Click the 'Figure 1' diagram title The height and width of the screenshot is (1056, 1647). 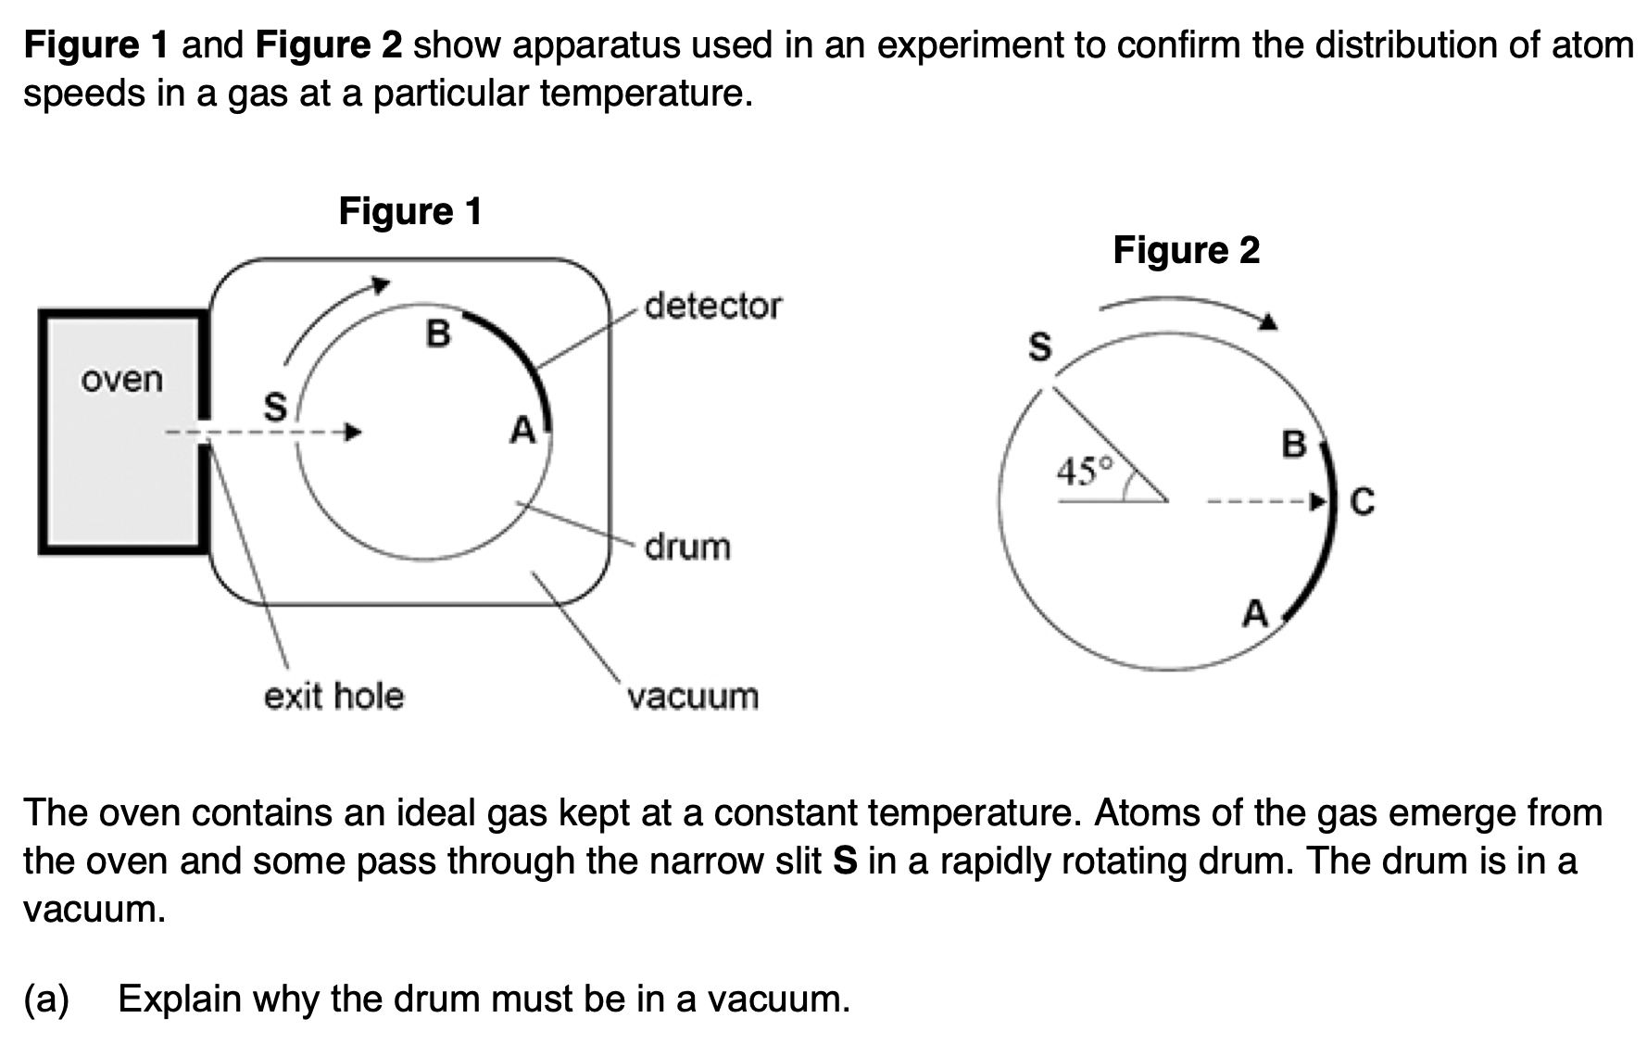(x=410, y=211)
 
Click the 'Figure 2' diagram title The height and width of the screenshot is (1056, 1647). (x=1186, y=250)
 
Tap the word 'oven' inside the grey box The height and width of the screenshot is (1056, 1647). (x=122, y=379)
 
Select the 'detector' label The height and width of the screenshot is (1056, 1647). (x=713, y=306)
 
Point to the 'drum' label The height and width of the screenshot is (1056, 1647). (x=687, y=547)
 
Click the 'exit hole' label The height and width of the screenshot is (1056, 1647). (x=333, y=696)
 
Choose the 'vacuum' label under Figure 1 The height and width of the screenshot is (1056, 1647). (x=693, y=696)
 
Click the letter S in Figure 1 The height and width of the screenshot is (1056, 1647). (x=275, y=407)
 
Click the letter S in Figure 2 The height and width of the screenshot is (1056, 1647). (x=1041, y=347)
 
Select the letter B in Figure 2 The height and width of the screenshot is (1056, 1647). (x=1293, y=445)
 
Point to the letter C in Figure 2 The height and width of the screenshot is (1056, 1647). (x=1363, y=502)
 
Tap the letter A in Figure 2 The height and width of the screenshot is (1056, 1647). (x=1255, y=613)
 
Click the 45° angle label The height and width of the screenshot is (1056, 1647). (x=1084, y=472)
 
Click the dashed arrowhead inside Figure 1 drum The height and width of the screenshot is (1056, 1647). (x=351, y=432)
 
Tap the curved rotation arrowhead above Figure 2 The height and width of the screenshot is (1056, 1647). (x=1267, y=321)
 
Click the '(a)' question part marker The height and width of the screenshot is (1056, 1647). (x=46, y=999)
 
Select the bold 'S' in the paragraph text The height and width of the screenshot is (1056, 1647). (x=844, y=861)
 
